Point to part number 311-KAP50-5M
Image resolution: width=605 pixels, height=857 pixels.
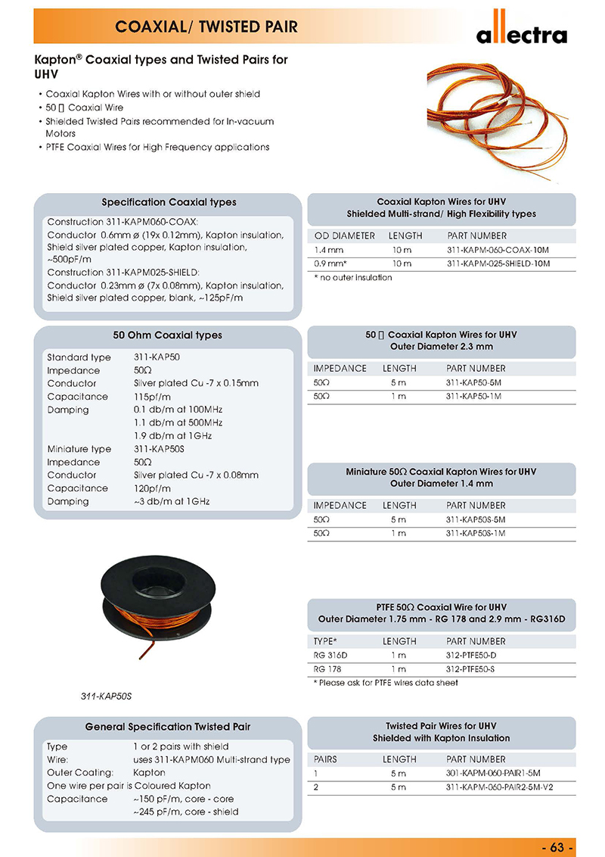click(x=473, y=382)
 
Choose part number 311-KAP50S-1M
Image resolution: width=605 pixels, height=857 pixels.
click(x=475, y=533)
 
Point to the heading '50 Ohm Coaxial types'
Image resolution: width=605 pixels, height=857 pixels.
click(x=168, y=335)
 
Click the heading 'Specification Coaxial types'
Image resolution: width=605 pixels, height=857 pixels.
click(x=169, y=202)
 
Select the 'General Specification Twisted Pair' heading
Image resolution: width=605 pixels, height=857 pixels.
click(x=168, y=727)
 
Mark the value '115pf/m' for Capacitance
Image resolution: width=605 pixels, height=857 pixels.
click(x=152, y=397)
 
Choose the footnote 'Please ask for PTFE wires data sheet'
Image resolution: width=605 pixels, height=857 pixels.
click(x=386, y=683)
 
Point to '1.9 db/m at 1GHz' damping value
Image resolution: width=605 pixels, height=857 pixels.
click(x=170, y=436)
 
